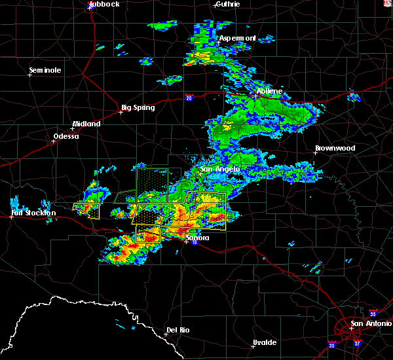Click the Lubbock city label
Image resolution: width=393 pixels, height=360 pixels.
coord(104,4)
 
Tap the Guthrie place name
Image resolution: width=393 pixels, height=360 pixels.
coord(227,4)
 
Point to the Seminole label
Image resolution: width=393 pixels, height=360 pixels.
coord(45,70)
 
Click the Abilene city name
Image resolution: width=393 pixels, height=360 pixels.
coord(270,91)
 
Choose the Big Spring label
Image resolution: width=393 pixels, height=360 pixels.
coord(138,107)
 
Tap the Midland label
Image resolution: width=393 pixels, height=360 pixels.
coord(86,124)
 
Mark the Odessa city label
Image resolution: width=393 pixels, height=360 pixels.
coord(65,136)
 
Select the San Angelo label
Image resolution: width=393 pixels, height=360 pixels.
coord(221,169)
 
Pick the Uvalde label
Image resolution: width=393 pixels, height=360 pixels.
coord(265,342)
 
